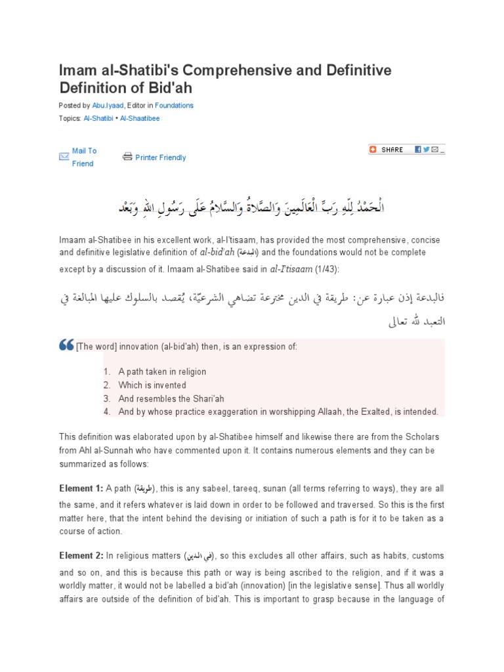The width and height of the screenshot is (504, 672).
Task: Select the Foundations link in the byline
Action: [175, 105]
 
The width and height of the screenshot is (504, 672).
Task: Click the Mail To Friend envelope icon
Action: [64, 157]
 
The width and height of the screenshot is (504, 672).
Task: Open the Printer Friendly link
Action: [160, 157]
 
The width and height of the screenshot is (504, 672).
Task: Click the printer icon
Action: [127, 157]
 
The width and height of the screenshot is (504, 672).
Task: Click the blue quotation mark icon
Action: [66, 346]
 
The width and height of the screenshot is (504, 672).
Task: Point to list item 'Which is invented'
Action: [152, 385]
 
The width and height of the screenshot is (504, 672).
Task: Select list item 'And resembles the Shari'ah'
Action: [171, 398]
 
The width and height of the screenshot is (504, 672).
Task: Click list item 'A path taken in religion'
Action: [162, 371]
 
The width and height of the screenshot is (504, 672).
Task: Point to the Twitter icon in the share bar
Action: [427, 150]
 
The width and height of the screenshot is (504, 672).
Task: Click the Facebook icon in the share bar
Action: [417, 150]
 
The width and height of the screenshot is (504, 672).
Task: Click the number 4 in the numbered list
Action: [106, 411]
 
